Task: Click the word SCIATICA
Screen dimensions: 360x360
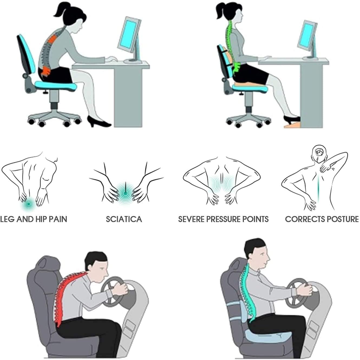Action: tap(124, 219)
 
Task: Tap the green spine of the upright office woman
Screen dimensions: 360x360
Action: tap(230, 46)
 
